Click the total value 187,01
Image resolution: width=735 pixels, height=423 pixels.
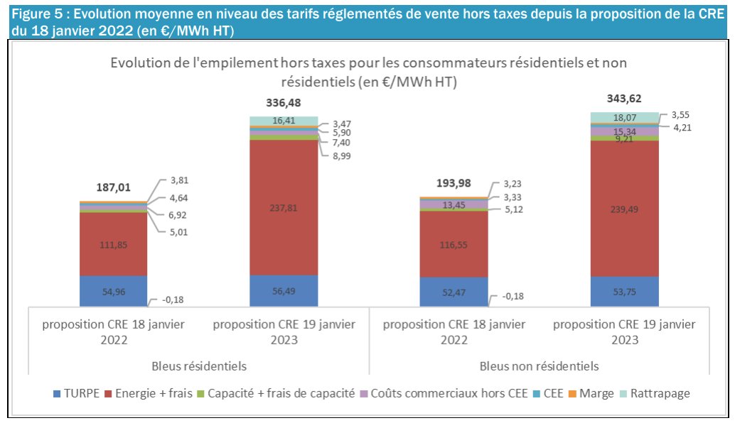point(113,187)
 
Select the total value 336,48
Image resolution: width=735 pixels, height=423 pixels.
point(284,103)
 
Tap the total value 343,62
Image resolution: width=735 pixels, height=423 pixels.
point(624,99)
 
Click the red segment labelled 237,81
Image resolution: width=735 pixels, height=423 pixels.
point(284,208)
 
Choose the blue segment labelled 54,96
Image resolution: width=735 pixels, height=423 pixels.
point(113,290)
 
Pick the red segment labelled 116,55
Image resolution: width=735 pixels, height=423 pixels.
point(454,243)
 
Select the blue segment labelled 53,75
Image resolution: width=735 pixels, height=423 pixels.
point(624,290)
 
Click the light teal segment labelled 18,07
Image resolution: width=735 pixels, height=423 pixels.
point(624,117)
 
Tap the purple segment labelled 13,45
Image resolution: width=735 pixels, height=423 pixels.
point(454,205)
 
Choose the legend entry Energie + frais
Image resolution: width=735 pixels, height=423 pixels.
point(148,392)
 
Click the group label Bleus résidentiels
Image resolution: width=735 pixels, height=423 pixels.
point(198,366)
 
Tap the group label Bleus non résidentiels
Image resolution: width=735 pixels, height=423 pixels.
point(539,366)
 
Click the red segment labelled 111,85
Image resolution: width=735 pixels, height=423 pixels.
point(113,243)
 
